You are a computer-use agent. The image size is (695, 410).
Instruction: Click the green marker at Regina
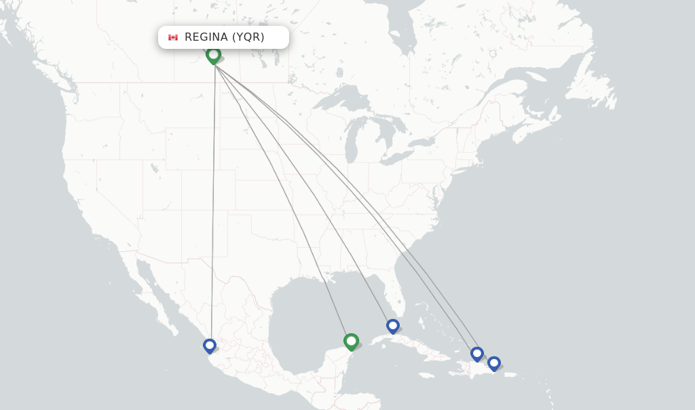pyautogui.click(x=214, y=54)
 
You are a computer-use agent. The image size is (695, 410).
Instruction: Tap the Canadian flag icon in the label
pyautogui.click(x=173, y=37)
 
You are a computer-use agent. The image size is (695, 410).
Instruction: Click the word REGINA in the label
pyautogui.click(x=206, y=37)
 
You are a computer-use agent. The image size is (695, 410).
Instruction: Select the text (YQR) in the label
pyautogui.click(x=248, y=37)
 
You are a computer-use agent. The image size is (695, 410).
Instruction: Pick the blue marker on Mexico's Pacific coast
pyautogui.click(x=210, y=346)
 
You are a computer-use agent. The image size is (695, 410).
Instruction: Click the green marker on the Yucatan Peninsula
pyautogui.click(x=351, y=341)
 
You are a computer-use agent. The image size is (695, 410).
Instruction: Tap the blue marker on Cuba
pyautogui.click(x=393, y=326)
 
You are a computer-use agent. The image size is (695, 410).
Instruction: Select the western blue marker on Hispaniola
pyautogui.click(x=477, y=353)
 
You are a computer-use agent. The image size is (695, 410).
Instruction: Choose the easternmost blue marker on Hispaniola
pyautogui.click(x=494, y=363)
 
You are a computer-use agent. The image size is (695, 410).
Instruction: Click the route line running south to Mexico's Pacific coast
pyautogui.click(x=213, y=204)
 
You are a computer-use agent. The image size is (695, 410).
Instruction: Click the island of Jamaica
pyautogui.click(x=428, y=374)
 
